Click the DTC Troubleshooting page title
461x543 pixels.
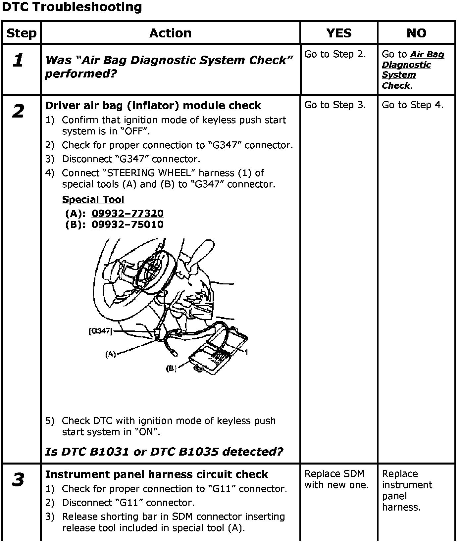click(72, 7)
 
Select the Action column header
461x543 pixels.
click(170, 33)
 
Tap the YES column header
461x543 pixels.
click(338, 33)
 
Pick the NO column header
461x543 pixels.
click(416, 33)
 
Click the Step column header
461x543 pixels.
click(22, 33)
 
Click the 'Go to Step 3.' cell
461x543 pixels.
click(335, 105)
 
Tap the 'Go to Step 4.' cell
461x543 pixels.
click(412, 105)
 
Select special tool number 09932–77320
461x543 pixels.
click(128, 213)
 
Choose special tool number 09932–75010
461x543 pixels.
click(128, 224)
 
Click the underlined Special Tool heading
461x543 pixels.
click(93, 200)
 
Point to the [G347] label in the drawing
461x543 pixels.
click(100, 331)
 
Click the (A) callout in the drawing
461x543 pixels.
click(111, 354)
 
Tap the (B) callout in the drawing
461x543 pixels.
click(171, 368)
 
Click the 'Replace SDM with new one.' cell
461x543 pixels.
click(336, 479)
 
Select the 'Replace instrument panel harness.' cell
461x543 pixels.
click(407, 490)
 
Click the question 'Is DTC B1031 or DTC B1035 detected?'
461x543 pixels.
click(164, 452)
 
